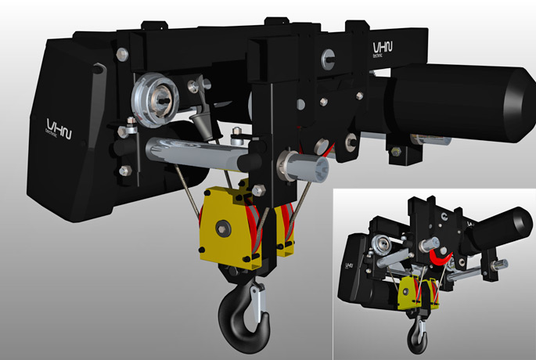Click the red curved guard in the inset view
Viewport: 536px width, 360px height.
[x=439, y=259]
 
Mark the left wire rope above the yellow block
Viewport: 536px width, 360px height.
[x=187, y=185]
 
